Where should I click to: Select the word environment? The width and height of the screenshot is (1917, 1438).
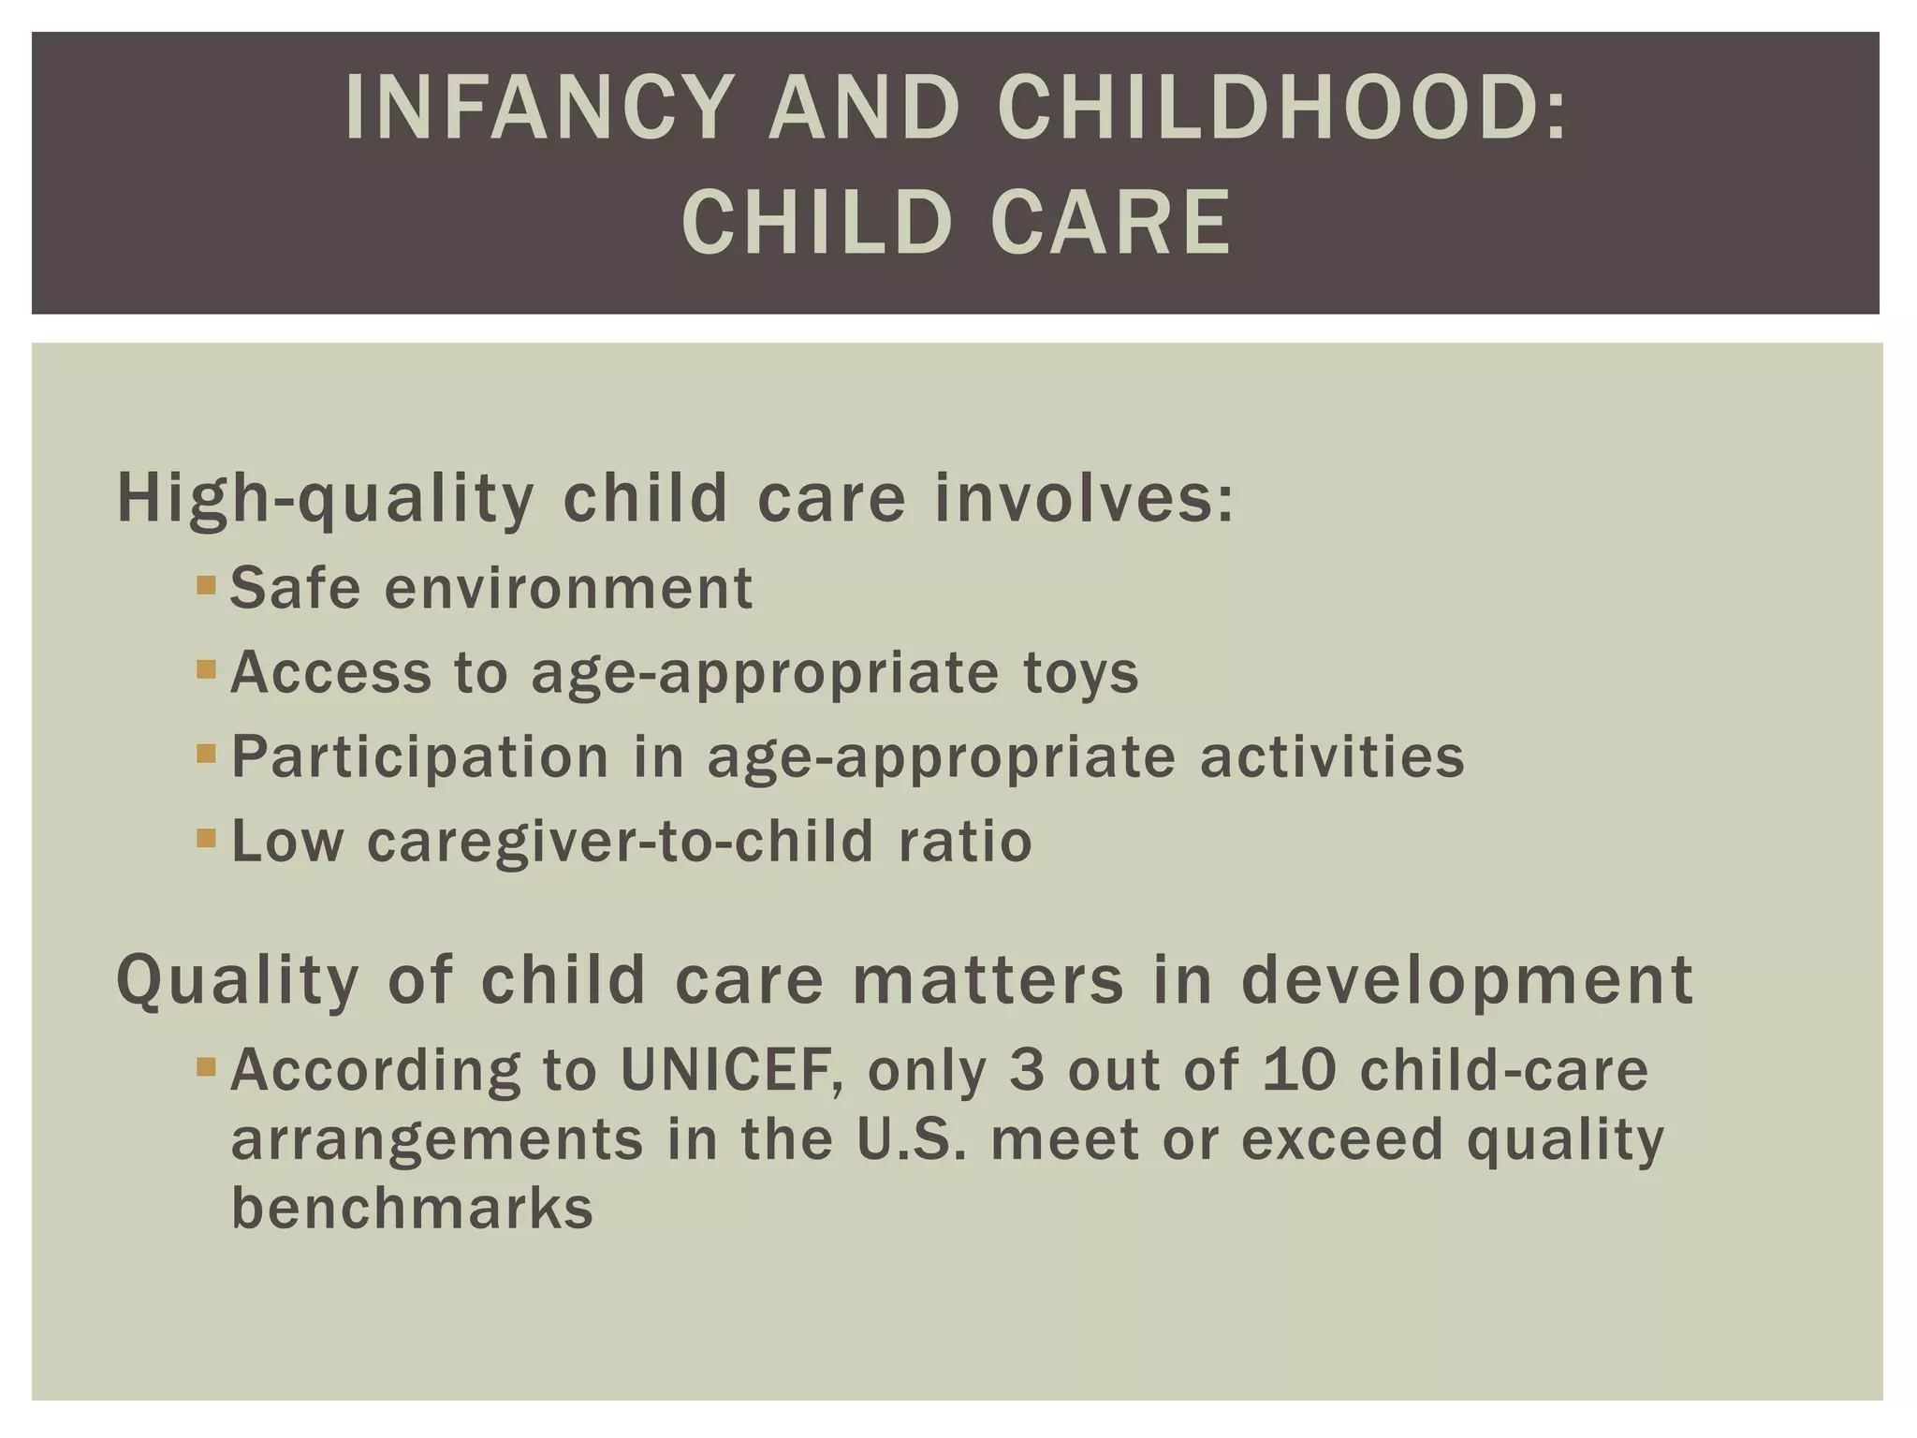click(568, 588)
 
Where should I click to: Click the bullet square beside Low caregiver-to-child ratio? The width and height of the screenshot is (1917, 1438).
click(206, 838)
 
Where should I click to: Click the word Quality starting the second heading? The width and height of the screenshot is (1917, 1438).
click(238, 980)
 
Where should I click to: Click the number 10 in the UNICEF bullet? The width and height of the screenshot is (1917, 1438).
click(1298, 1069)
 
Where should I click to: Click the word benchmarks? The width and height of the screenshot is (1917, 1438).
click(412, 1208)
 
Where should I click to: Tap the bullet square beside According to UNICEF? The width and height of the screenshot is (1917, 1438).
click(206, 1066)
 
